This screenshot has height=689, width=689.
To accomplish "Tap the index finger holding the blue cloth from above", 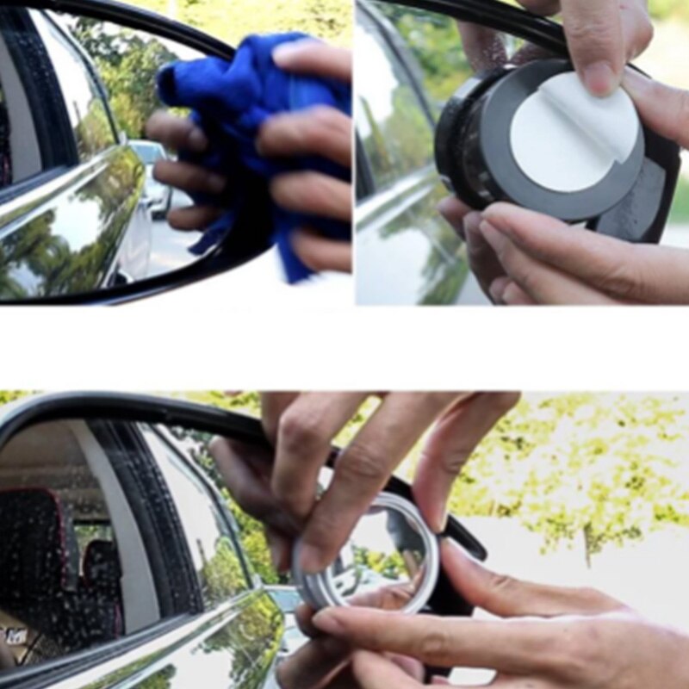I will click(x=310, y=60).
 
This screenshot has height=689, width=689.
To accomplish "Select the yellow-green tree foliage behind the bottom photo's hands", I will click(x=586, y=465).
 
